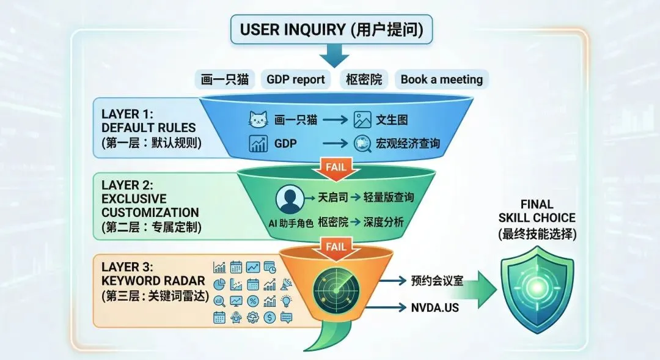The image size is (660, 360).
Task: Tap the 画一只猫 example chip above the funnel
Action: (226, 79)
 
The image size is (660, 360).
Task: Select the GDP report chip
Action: (296, 79)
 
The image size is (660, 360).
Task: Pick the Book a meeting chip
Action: (441, 79)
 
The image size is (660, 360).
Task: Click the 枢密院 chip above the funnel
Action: (363, 79)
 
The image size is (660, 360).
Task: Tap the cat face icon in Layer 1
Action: (258, 120)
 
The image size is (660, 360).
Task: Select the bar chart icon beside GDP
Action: (258, 144)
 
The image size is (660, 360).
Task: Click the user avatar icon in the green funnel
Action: (290, 199)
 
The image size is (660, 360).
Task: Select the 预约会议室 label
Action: (437, 281)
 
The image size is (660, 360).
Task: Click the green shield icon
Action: (537, 287)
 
